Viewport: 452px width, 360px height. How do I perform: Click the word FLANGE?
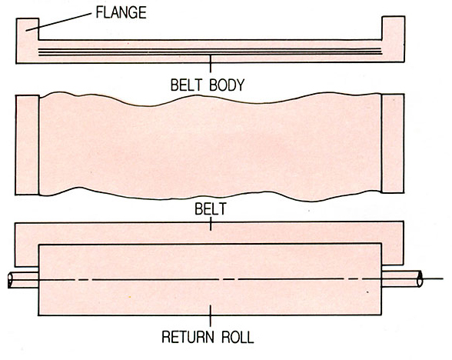pos(121,12)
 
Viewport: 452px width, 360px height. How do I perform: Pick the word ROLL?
pos(238,337)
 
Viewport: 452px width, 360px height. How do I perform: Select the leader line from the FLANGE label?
pos(58,22)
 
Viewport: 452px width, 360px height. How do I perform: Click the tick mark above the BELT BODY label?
pos(211,63)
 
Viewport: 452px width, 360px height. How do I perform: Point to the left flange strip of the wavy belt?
pos(27,145)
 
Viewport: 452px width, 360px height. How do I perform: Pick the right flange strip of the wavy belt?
pos(393,143)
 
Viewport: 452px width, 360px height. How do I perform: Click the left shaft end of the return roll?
pos(23,279)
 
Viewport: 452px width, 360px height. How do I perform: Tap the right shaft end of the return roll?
pos(402,278)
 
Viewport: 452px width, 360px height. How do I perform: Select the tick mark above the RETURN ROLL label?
pos(211,316)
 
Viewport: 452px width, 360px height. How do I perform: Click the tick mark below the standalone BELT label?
pos(211,224)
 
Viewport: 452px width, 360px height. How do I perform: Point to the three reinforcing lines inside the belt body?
pos(211,52)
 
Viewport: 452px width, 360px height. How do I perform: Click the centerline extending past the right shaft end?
pos(433,278)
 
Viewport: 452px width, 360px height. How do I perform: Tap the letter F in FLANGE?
pos(99,12)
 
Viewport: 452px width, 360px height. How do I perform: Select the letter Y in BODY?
pos(240,85)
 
